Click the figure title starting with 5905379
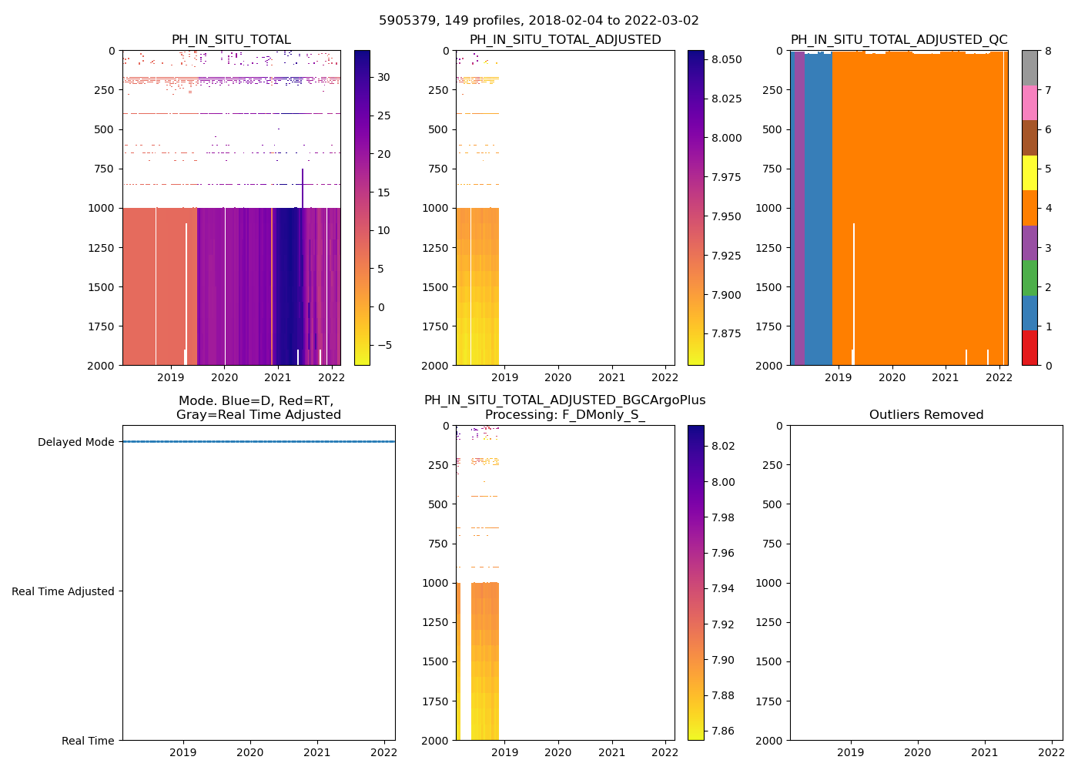click(538, 21)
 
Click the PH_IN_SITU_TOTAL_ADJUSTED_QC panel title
click(899, 40)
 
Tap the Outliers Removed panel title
click(926, 415)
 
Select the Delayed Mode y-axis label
click(75, 442)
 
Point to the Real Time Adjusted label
click(63, 591)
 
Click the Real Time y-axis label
click(88, 741)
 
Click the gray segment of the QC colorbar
click(1029, 68)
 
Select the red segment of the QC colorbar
click(1029, 347)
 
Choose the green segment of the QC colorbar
click(1029, 278)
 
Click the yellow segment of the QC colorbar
click(1029, 172)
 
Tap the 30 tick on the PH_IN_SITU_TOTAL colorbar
click(383, 77)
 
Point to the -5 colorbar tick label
click(380, 345)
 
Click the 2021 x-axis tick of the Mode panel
click(317, 752)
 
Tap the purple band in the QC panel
click(800, 208)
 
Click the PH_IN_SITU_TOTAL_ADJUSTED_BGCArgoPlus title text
click(564, 400)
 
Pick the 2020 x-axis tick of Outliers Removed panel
click(917, 752)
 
